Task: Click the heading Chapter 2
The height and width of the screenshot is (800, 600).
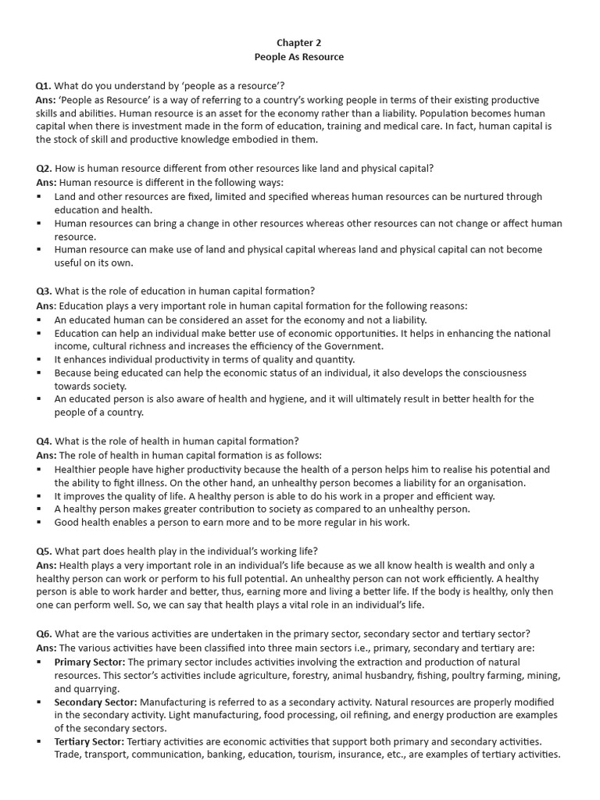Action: [299, 43]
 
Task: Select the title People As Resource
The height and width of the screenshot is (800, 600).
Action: [299, 57]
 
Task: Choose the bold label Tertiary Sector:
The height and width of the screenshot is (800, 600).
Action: [89, 741]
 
